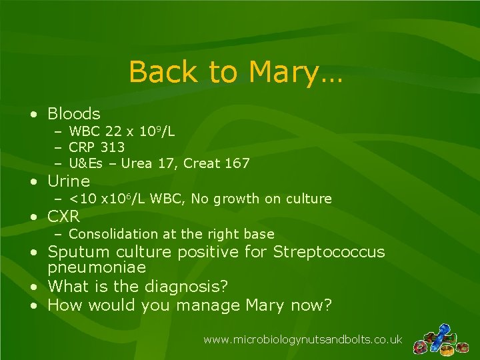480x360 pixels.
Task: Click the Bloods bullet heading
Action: [x=74, y=114]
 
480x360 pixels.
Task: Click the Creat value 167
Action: [x=237, y=163]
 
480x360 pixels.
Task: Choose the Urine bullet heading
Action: [x=69, y=181]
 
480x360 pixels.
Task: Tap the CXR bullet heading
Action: [x=64, y=217]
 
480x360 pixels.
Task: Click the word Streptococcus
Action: [x=329, y=252]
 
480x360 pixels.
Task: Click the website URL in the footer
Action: [x=303, y=340]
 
